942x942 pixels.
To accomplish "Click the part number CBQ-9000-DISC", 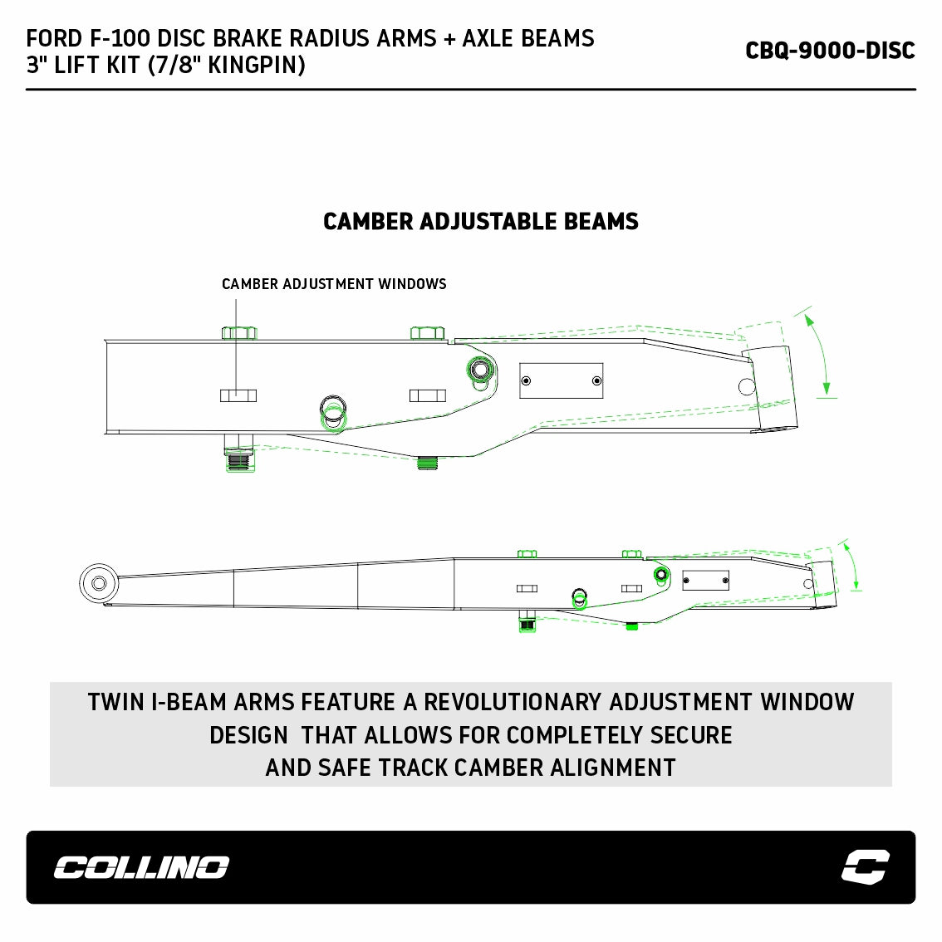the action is pos(830,51).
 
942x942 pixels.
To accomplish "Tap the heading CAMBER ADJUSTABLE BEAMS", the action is pos(481,222).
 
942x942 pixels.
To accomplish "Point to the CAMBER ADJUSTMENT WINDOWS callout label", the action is pos(334,283).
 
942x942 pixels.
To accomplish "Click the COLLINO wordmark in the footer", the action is pos(142,867).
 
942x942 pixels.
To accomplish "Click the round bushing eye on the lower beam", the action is pos(99,583).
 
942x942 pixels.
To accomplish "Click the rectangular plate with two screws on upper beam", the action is pos(561,380).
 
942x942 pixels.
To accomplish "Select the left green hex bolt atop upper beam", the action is pos(239,333).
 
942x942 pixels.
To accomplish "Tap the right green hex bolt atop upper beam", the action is pos(428,333).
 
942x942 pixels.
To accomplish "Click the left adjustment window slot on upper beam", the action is pos(238,395).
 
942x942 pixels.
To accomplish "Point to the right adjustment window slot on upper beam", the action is pos(428,395).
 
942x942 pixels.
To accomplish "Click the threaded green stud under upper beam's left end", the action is pos(240,459).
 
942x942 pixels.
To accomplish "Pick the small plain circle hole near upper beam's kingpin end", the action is pos(747,386).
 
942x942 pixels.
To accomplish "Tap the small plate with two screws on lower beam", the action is pos(706,581).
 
